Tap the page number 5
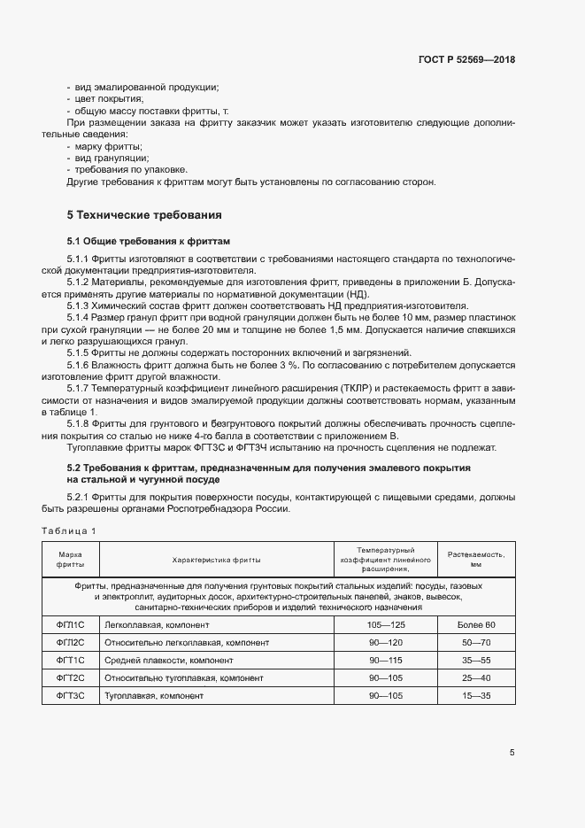512,753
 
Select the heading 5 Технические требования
144,215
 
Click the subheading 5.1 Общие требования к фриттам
148,241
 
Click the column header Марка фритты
70,559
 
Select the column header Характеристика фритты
217,559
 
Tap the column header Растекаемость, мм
476,559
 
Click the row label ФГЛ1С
70,625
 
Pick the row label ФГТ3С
70,696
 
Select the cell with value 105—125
386,625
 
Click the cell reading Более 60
476,625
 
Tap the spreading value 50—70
476,643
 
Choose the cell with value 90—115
386,661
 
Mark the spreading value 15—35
476,696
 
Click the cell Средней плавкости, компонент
162,661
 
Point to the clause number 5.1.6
81,365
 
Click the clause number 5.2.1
81,498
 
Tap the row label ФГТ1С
70,661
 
